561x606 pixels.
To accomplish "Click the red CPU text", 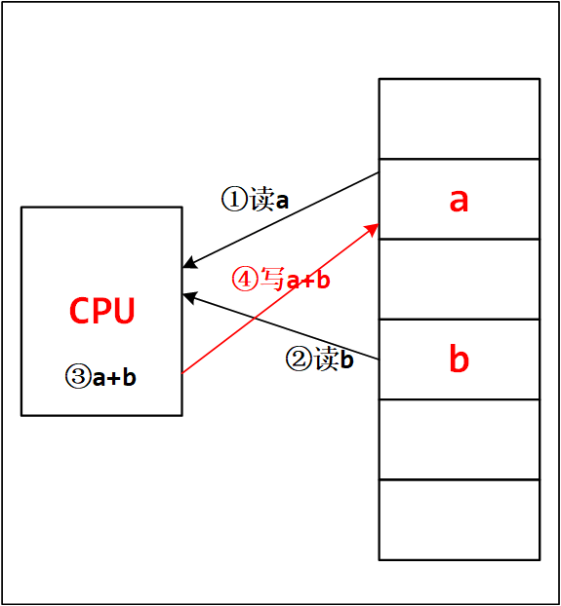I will coord(101,311).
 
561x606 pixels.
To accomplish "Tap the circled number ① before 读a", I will coord(234,201).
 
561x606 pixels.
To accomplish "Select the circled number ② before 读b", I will coord(298,360).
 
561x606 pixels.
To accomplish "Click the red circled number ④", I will coord(244,280).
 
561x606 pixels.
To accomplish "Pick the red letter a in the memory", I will coord(459,200).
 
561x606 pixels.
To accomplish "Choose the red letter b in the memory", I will coord(459,360).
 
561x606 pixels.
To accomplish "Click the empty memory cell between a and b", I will coord(459,279).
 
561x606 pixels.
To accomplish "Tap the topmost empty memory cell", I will coord(459,119).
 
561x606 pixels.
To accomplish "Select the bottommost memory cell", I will coord(459,519).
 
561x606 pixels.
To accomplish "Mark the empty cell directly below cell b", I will coord(459,439).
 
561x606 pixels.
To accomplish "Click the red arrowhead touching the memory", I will coord(373,227).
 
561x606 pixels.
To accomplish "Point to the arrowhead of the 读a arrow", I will coord(188,264).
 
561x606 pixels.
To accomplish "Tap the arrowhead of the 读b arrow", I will coord(188,295).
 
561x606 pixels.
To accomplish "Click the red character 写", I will coord(271,280).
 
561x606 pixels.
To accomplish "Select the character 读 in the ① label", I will coord(261,201).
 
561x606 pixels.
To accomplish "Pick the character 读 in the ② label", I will coord(325,360).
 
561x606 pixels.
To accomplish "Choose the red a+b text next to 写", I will coord(308,281).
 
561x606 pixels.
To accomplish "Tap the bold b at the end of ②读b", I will coord(346,360).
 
